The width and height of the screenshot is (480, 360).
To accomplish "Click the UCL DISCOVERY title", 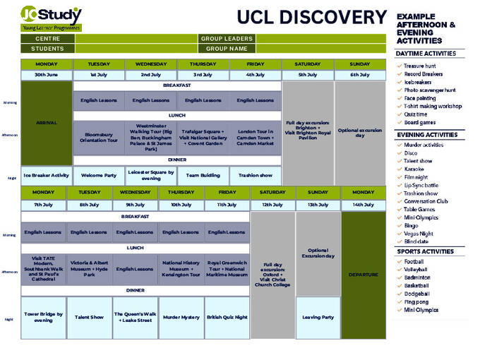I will click(311, 18).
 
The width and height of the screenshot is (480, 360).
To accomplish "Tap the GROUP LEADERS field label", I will click(227, 39).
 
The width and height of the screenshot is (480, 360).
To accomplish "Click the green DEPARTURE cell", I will click(364, 275).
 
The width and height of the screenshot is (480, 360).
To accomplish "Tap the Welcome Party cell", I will click(98, 175).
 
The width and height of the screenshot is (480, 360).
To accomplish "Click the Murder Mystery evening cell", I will click(181, 317).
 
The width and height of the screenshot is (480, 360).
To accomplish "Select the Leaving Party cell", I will click(318, 317).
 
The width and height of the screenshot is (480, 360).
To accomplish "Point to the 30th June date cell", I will click(46, 75).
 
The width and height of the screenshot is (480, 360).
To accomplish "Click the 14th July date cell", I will click(364, 205).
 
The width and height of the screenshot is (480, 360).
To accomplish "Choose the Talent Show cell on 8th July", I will click(89, 317).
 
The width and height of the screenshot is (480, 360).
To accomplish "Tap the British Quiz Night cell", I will click(227, 317).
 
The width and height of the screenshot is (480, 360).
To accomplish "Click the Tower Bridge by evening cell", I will click(43, 317).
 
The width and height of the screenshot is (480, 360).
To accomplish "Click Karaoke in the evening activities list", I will click(414, 169).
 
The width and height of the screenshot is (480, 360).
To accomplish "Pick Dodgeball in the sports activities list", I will click(417, 294).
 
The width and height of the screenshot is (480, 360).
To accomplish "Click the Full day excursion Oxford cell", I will click(272, 275).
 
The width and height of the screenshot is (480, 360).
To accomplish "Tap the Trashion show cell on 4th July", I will click(255, 175).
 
